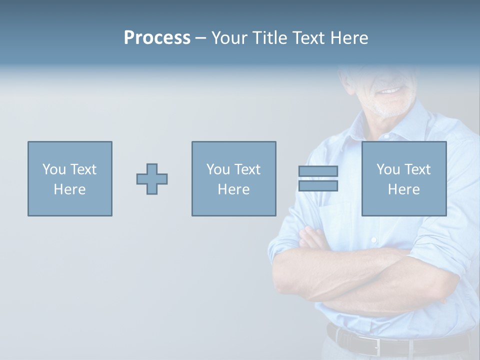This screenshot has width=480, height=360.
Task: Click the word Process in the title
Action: click(157, 38)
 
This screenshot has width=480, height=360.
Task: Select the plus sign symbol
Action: click(152, 179)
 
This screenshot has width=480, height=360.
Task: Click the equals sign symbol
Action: click(318, 178)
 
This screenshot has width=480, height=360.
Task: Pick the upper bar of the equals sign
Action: click(318, 171)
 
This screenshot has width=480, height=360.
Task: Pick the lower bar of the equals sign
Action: click(318, 186)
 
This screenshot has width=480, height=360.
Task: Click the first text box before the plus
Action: click(70, 178)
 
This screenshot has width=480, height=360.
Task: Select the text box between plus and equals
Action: click(233, 178)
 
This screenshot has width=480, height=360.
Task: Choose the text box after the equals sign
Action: click(404, 178)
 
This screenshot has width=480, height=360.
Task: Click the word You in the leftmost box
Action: click(53, 169)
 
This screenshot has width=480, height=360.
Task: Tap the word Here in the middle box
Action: click(233, 189)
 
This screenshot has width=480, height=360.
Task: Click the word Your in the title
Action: click(230, 38)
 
